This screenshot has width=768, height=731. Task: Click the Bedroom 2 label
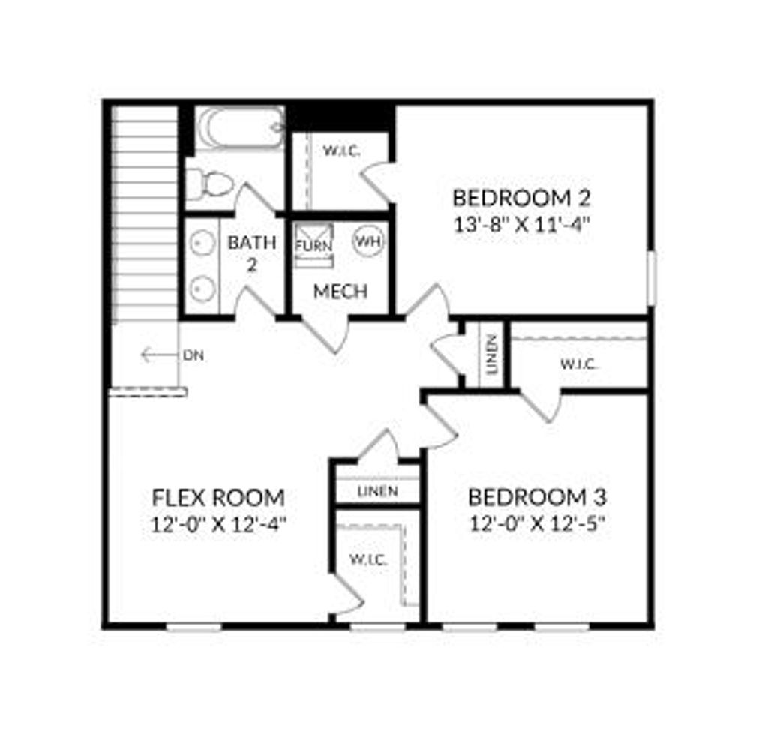point(521,199)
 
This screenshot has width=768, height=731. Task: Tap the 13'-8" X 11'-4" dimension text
point(521,225)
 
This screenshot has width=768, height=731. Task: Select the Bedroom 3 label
point(537,497)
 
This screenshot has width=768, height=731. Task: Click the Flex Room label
point(218,497)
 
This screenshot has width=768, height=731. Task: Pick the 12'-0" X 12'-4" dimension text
point(218,523)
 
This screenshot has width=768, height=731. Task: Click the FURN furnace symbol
point(313,245)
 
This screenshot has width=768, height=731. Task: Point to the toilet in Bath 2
point(208,183)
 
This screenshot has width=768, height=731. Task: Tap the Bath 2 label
point(252,253)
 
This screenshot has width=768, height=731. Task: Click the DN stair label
point(193,355)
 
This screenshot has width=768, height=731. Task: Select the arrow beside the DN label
point(157,355)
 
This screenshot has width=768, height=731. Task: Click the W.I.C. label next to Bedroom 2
point(342,151)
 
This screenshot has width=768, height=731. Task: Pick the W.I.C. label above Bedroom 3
point(578,364)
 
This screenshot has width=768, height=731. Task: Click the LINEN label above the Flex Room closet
point(376,491)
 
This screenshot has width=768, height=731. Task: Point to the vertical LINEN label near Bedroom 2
point(491,354)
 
